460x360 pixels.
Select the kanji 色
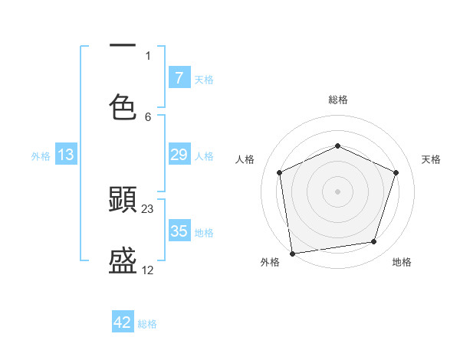coord(123,107)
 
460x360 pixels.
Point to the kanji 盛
coord(123,263)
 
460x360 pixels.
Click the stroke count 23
coord(148,208)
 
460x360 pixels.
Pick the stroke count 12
coord(148,270)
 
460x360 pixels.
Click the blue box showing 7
coord(179,78)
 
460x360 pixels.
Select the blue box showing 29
coord(179,155)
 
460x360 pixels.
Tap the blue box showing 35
coord(179,231)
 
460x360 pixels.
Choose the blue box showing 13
coord(65,155)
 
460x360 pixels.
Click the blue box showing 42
coord(123,323)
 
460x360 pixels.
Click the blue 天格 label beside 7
coord(204,80)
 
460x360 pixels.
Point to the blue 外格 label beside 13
coord(41,156)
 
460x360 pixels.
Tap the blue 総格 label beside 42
coord(147,324)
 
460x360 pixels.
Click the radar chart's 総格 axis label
coord(338,100)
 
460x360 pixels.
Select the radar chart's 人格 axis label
coord(245,159)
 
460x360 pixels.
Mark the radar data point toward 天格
coord(396,172)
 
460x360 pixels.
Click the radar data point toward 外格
coord(292,253)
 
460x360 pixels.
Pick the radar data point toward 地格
coord(374,242)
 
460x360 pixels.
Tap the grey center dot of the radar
coord(338,191)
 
